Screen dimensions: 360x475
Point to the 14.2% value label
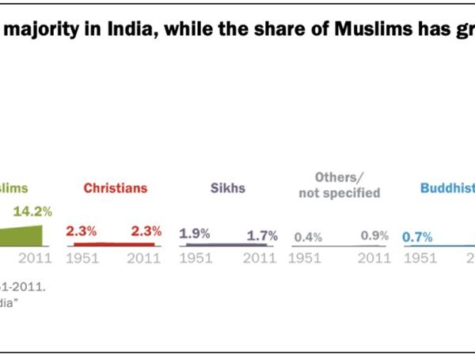32,211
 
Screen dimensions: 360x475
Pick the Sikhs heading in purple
229,188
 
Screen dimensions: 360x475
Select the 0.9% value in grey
374,235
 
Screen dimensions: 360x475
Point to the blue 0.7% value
417,236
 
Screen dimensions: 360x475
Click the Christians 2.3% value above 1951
81,231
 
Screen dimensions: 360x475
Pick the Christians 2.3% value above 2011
146,231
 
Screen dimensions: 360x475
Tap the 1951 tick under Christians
82,258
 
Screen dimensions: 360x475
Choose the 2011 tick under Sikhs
260,258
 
